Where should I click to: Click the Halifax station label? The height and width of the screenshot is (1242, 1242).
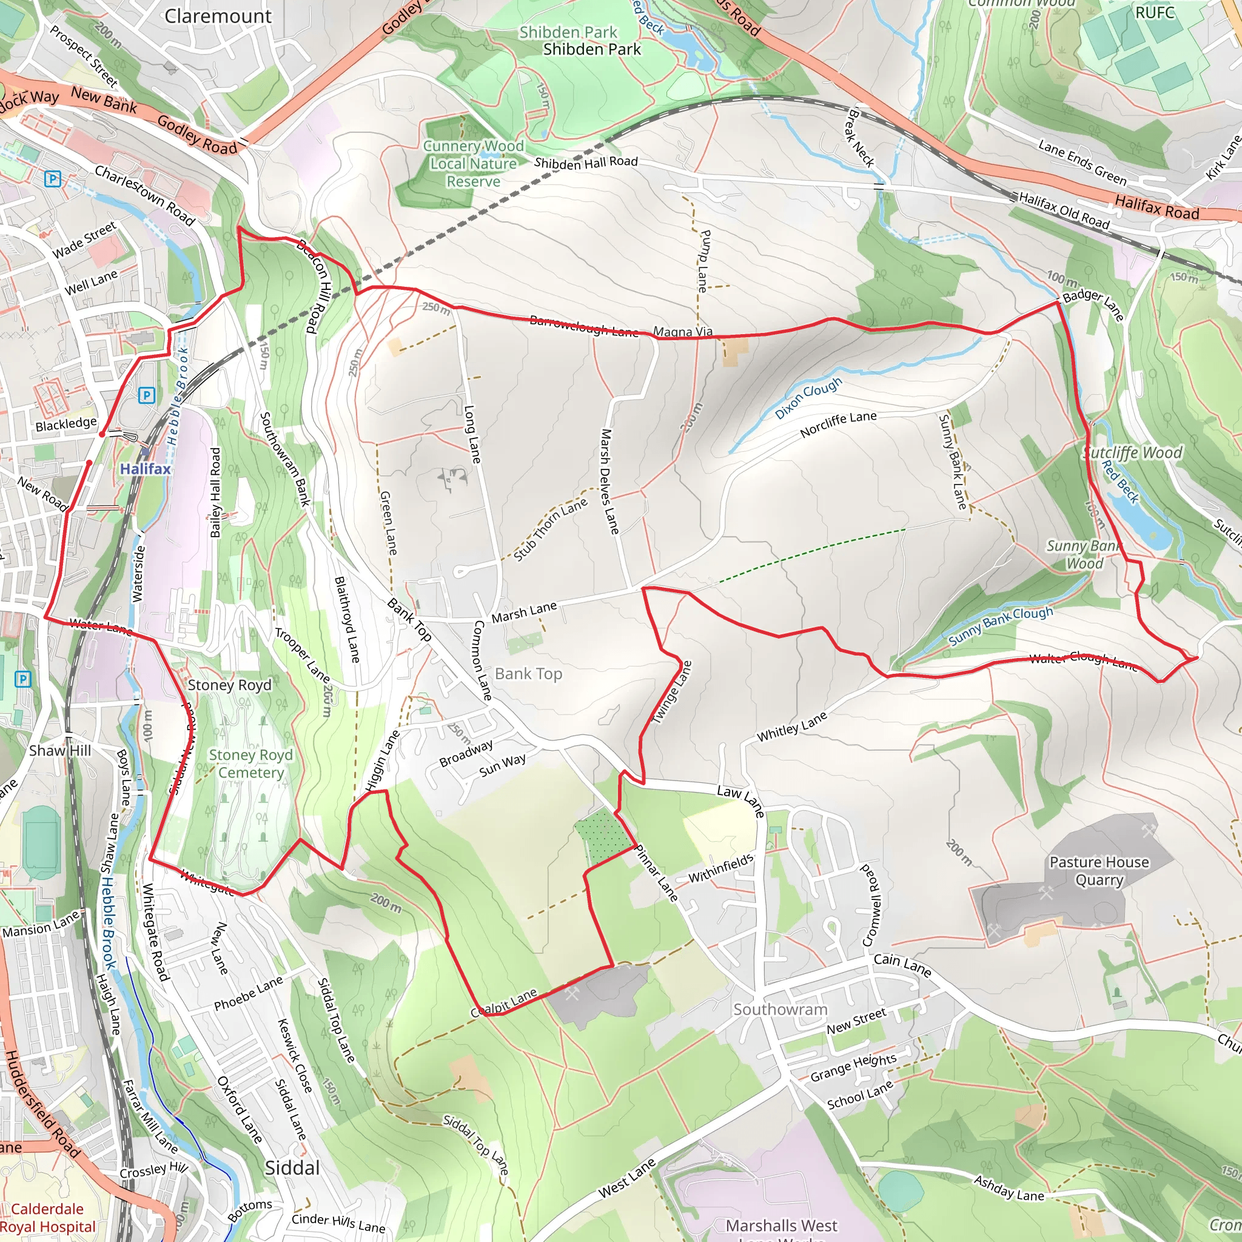(146, 469)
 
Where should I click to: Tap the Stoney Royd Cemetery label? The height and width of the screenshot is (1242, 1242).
(250, 764)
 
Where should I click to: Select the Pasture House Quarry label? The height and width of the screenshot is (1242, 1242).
(1099, 871)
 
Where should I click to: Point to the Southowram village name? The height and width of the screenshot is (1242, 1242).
(780, 1009)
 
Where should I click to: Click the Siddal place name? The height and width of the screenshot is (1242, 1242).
(292, 1168)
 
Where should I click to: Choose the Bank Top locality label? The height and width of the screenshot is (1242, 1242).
(528, 674)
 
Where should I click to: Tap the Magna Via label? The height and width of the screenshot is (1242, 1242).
(683, 332)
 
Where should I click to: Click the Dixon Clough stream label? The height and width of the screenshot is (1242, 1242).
(808, 398)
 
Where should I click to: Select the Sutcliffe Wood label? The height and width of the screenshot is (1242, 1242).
(1133, 452)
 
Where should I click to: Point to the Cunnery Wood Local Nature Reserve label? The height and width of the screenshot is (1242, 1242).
(473, 164)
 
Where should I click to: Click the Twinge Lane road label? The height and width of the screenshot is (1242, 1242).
(671, 693)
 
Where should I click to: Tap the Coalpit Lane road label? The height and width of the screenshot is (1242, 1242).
(504, 1002)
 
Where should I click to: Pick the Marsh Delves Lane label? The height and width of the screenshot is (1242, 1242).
(609, 482)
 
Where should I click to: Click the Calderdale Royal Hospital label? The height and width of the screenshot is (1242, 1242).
(49, 1218)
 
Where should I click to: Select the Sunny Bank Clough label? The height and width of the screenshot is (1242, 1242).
(1000, 625)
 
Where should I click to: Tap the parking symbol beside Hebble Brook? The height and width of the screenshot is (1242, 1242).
(147, 395)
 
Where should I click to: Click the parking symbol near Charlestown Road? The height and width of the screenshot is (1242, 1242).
(53, 179)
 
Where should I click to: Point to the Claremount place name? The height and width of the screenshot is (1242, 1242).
(218, 16)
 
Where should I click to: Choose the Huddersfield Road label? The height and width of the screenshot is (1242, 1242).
(42, 1103)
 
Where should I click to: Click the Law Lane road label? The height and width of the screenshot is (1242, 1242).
(740, 801)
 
